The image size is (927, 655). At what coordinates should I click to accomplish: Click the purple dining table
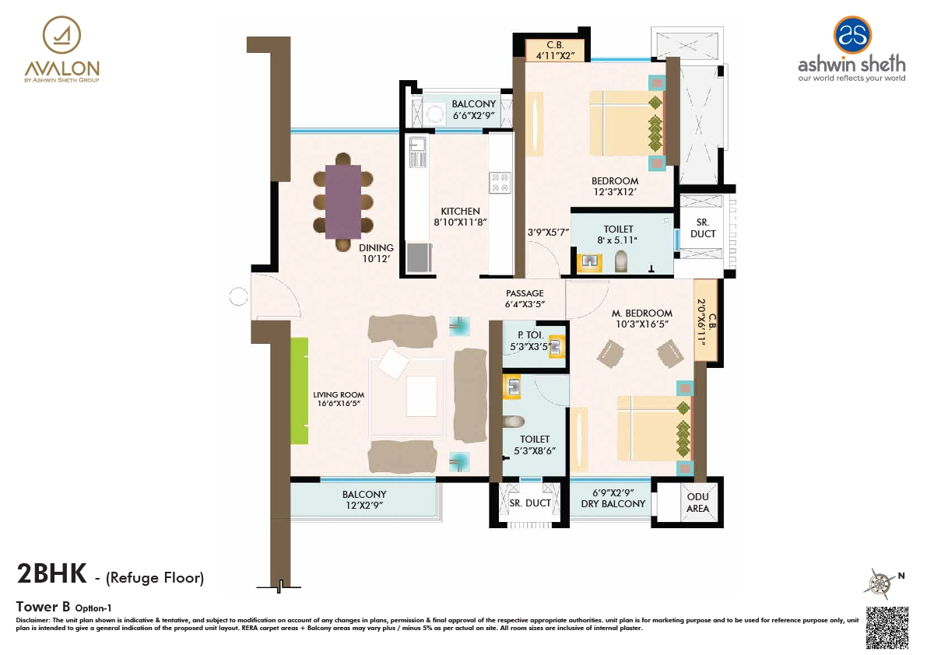[x=342, y=201]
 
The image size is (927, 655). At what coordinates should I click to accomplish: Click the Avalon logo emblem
[x=61, y=35]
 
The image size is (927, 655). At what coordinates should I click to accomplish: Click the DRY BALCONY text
[x=613, y=503]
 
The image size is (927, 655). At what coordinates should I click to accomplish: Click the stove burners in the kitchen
[x=500, y=182]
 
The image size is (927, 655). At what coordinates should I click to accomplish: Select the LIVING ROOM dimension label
[x=339, y=400]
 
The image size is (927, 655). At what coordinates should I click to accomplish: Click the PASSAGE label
[x=525, y=299]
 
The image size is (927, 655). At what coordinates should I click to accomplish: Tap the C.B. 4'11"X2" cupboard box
[x=554, y=50]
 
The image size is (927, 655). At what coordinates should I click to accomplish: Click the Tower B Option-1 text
[x=65, y=606]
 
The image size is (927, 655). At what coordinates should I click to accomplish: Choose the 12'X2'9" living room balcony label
[x=363, y=499]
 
